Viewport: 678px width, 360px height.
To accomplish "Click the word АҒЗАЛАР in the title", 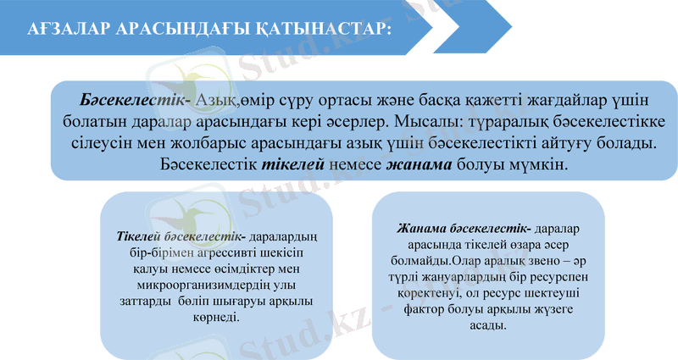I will pos(63,29).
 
